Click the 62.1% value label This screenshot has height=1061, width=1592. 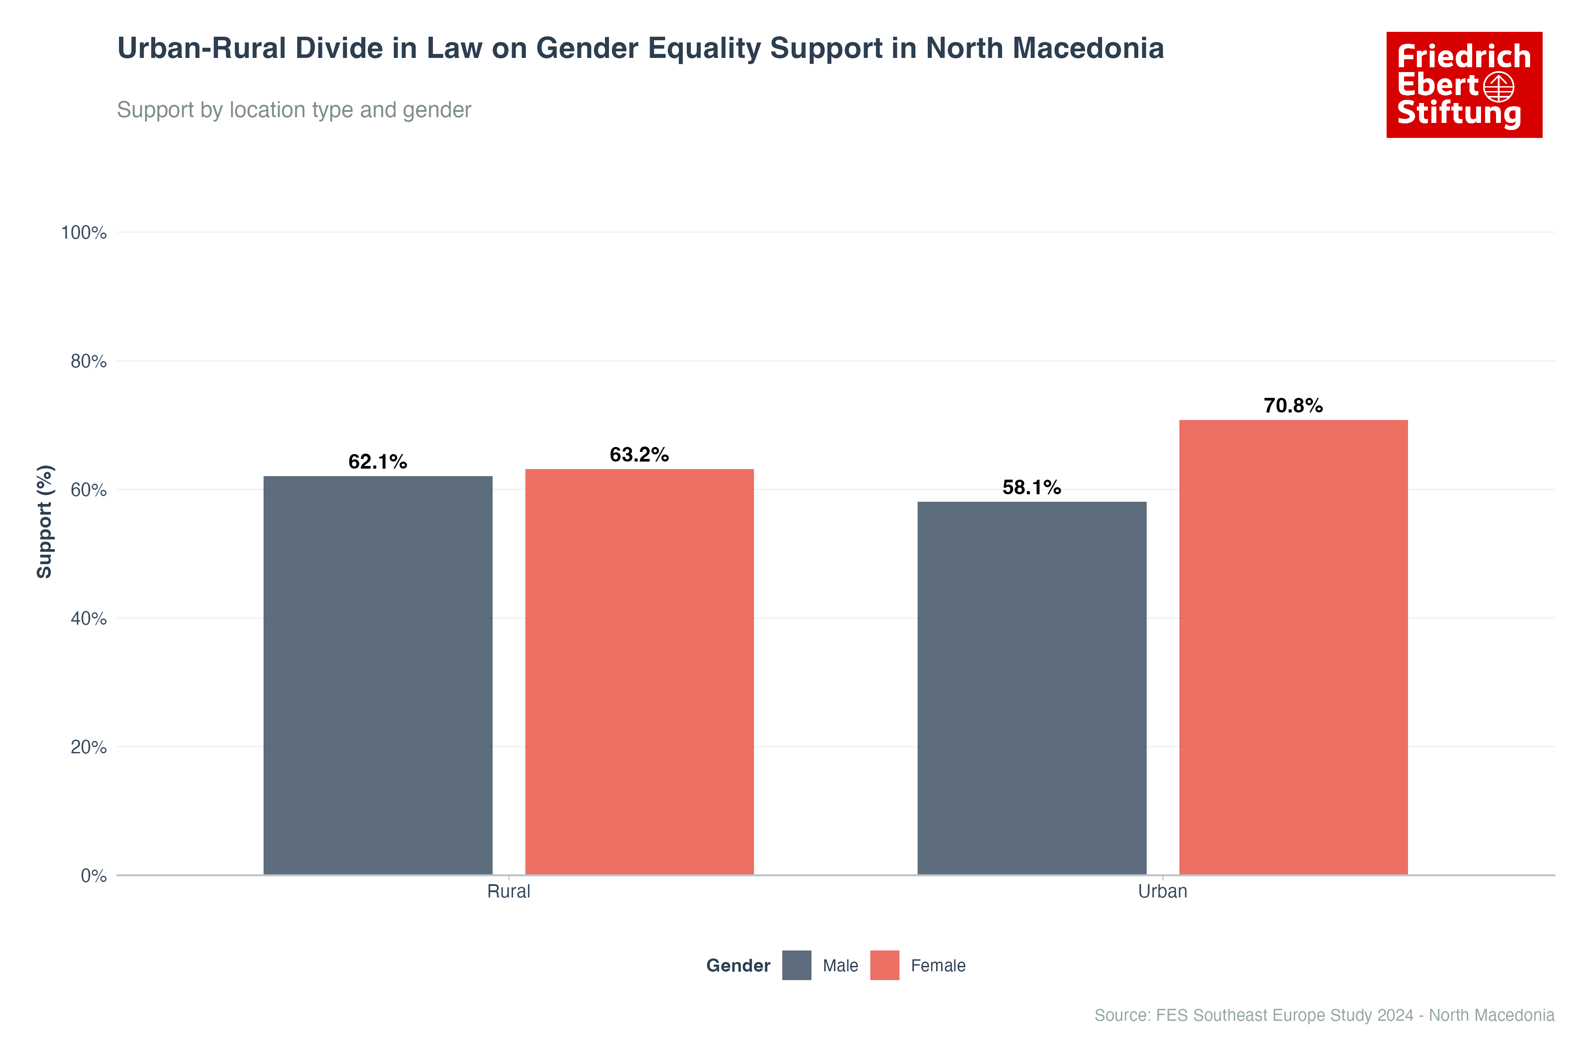(378, 462)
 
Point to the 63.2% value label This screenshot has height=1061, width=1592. (639, 455)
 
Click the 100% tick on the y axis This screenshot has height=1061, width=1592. (84, 233)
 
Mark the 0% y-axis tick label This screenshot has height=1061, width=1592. (93, 876)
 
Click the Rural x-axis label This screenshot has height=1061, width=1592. (508, 891)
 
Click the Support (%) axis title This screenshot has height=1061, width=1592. (45, 521)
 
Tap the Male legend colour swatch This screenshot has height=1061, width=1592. (797, 965)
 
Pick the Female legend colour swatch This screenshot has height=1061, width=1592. (885, 965)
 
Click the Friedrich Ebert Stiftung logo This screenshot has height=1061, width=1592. (1464, 84)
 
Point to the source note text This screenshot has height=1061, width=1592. (1324, 1015)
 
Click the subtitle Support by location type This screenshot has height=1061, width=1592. (294, 110)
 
